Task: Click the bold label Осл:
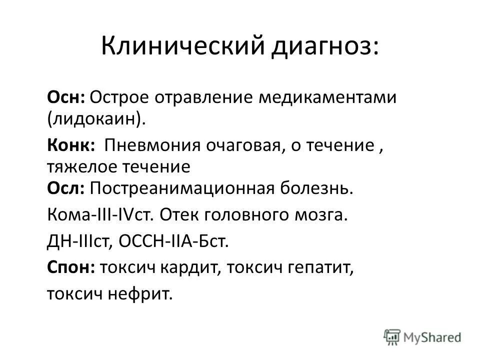[x=67, y=188]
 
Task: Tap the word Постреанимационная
[x=180, y=189]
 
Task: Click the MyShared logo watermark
[x=422, y=336]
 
